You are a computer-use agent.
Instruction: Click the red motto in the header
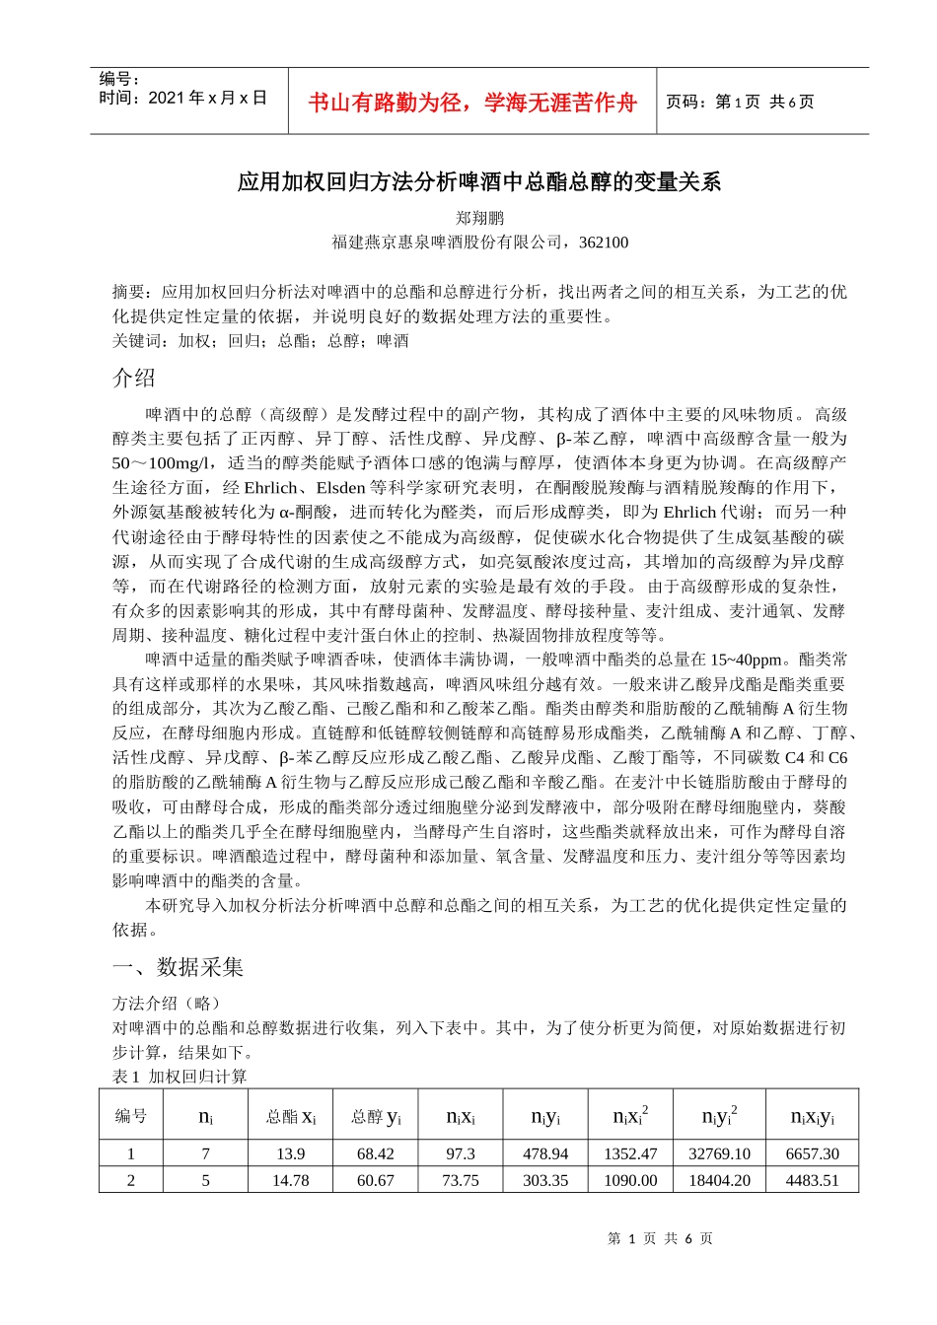click(x=472, y=103)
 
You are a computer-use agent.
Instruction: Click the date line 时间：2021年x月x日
click(x=183, y=98)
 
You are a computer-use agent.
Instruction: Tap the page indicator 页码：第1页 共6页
click(x=740, y=102)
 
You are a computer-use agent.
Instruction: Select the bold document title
click(x=479, y=181)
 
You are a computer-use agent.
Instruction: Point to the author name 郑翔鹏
click(x=479, y=218)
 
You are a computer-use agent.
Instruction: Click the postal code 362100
click(x=604, y=243)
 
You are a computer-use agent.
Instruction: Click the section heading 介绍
click(x=134, y=378)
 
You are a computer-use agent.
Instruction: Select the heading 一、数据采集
click(x=179, y=967)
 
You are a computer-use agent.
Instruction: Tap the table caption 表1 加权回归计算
click(x=180, y=1077)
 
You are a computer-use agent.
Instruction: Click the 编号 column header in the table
click(x=131, y=1116)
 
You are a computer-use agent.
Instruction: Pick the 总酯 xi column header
click(x=291, y=1116)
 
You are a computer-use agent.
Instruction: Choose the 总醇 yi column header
click(x=376, y=1116)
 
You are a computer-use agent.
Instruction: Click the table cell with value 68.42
click(x=376, y=1153)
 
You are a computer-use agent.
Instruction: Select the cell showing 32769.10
click(x=719, y=1153)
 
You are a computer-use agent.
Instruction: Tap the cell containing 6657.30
click(x=813, y=1153)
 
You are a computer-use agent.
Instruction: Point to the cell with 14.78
click(x=291, y=1180)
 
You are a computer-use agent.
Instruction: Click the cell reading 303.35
click(x=545, y=1180)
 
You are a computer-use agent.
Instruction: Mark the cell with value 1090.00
click(x=630, y=1180)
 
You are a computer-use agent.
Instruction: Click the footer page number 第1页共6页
click(x=660, y=1238)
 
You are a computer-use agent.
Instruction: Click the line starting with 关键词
click(x=260, y=341)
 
